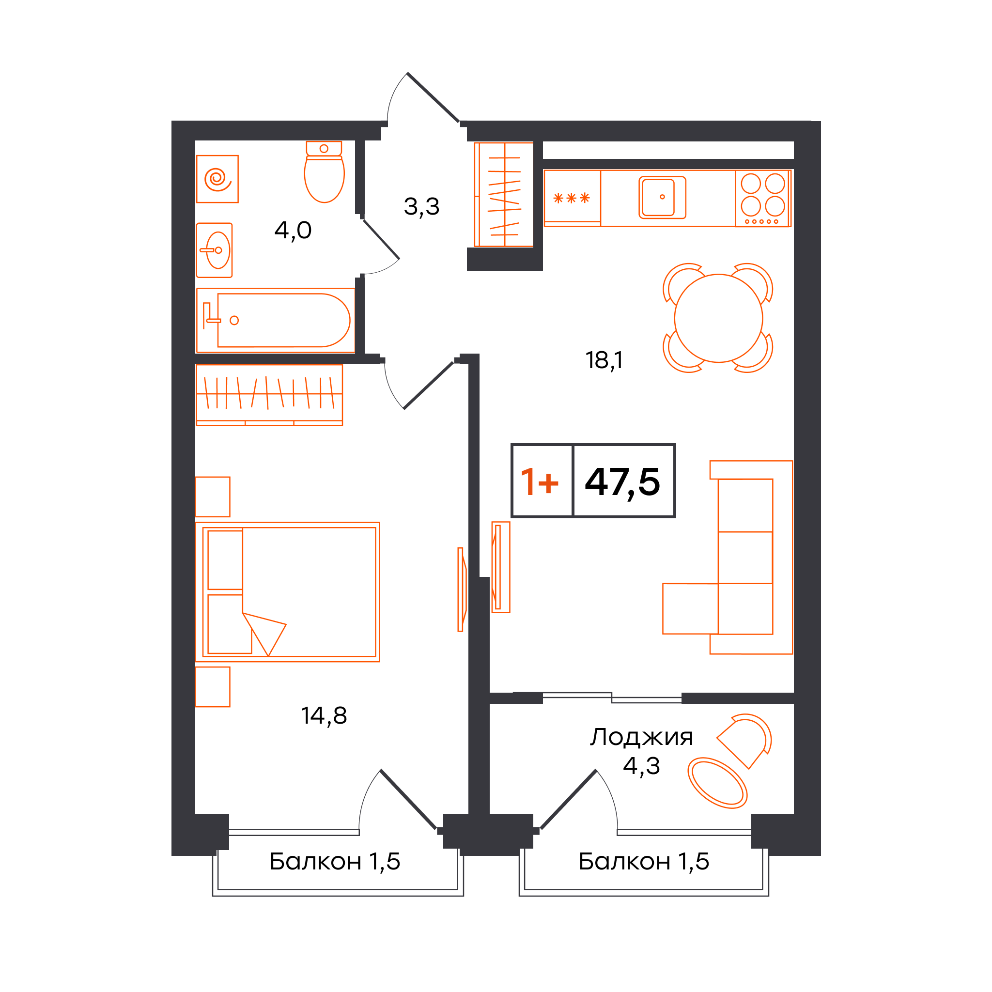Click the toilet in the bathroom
click(x=324, y=171)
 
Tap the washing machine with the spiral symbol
click(x=217, y=179)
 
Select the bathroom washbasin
click(x=214, y=250)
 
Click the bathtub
click(x=275, y=320)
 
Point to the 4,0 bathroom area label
click(x=293, y=231)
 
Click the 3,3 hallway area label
click(x=421, y=207)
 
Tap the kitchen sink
click(x=662, y=197)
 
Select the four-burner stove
click(x=763, y=198)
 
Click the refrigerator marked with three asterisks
click(x=572, y=198)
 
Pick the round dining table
click(x=718, y=318)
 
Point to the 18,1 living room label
click(x=604, y=360)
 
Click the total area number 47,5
click(x=622, y=482)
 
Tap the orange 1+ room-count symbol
click(x=539, y=481)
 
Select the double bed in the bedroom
click(x=288, y=592)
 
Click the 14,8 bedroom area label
click(x=324, y=715)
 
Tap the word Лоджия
click(x=641, y=737)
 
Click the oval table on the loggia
click(x=717, y=783)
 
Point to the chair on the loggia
click(x=744, y=741)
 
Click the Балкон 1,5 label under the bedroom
click(x=335, y=861)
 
